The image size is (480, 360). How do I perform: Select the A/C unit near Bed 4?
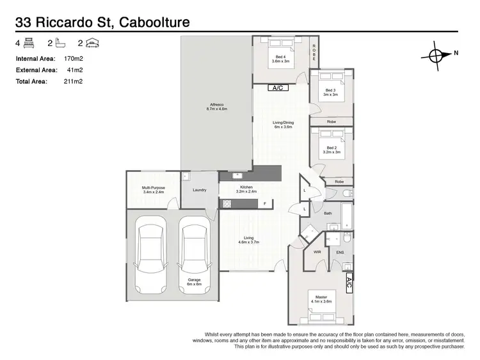coord(278,88)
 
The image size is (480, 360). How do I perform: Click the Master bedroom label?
coord(321,297)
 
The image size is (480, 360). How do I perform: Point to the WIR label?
coord(317,252)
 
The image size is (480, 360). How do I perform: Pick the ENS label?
coord(340,252)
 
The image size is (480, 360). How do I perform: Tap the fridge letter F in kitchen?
coord(265,203)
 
